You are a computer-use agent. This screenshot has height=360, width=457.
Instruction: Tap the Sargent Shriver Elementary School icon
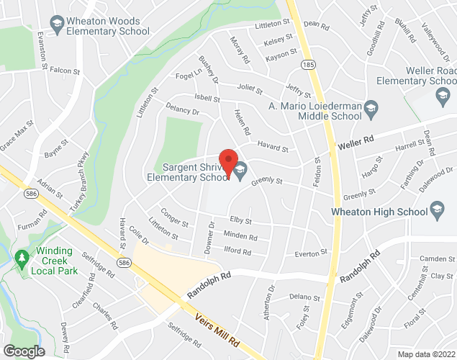(x=240, y=171)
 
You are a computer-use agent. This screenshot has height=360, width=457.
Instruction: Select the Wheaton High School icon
(x=436, y=210)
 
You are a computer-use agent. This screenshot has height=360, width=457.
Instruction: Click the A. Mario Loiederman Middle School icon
(x=371, y=109)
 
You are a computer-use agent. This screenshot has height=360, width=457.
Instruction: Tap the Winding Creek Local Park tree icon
(x=22, y=258)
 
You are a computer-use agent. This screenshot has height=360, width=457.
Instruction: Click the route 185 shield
(x=307, y=63)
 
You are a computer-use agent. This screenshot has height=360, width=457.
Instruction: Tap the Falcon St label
(x=65, y=71)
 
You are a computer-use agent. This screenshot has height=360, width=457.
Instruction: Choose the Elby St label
(x=240, y=221)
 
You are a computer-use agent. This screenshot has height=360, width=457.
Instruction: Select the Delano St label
(x=304, y=297)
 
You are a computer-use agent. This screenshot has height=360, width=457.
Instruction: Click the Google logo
(x=23, y=351)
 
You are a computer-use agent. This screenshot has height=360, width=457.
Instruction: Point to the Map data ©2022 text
(x=426, y=354)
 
